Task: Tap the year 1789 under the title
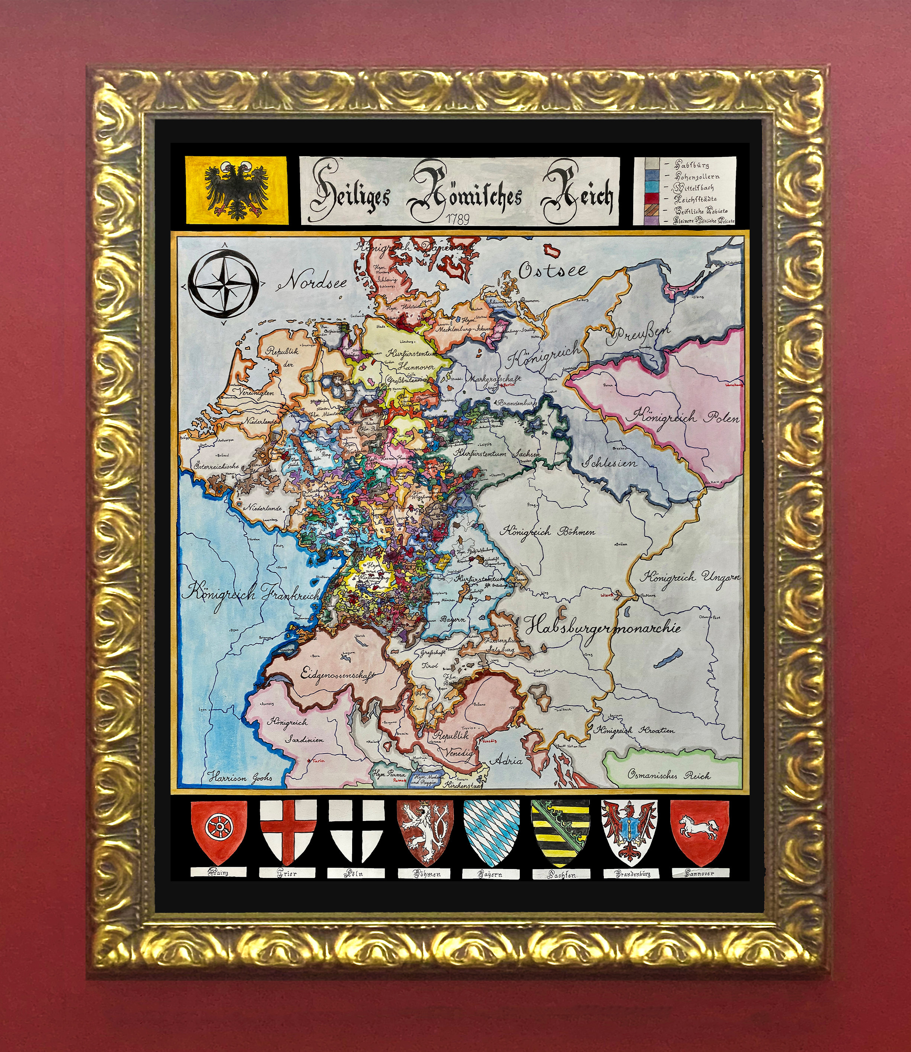point(457,218)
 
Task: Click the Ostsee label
point(552,270)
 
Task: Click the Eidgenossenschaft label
point(338,675)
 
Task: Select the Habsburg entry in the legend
point(692,165)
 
